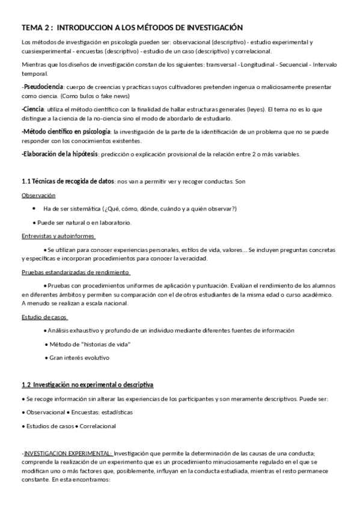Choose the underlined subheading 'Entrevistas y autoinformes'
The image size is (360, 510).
[58, 236]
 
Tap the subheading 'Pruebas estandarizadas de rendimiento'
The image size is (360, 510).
[76, 272]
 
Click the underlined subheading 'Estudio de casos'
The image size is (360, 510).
[44, 317]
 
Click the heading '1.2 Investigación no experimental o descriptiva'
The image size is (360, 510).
[88, 384]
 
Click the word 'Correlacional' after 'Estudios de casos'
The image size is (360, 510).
[98, 426]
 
